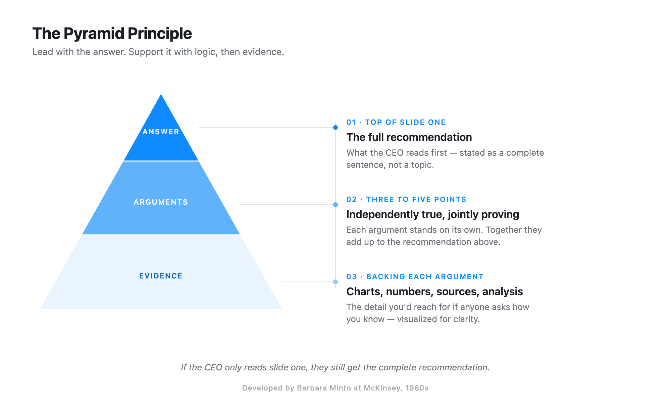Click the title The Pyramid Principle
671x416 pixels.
[x=112, y=34]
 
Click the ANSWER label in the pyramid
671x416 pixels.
[x=161, y=132]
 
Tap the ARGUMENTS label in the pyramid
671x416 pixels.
[x=161, y=202]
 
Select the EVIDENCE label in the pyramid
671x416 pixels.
[x=161, y=276]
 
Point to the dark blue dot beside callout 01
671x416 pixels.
[x=335, y=127]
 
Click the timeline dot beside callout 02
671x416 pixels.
[x=335, y=205]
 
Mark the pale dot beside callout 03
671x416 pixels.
[x=335, y=282]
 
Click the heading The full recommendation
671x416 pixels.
[x=409, y=137]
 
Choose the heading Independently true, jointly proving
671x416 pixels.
[x=432, y=214]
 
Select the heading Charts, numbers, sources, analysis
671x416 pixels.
[x=434, y=292]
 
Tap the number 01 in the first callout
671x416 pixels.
[x=351, y=122]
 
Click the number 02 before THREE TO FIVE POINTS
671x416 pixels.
[x=351, y=200]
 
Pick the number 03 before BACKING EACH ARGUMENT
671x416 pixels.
[x=351, y=277]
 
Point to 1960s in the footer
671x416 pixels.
[x=417, y=388]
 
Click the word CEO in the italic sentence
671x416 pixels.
[x=213, y=367]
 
